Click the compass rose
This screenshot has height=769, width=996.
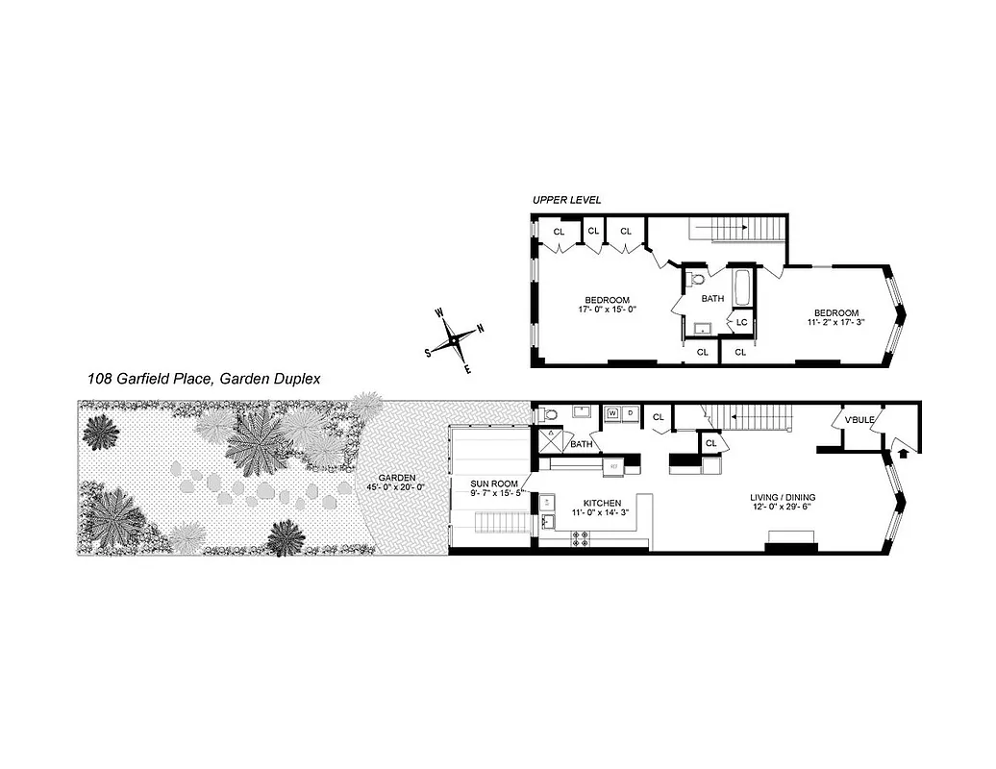pos(454,339)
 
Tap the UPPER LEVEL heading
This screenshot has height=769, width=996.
pos(566,200)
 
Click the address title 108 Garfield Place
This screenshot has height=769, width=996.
pos(203,380)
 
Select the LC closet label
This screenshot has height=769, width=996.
pos(742,322)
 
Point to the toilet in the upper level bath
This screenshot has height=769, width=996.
pos(698,280)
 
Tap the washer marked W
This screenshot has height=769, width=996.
pos(611,414)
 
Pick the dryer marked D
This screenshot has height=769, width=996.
pos(630,414)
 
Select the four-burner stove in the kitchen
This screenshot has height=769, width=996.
pos(581,541)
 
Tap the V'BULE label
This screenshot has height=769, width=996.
pos(859,420)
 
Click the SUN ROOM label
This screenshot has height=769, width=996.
pos(494,484)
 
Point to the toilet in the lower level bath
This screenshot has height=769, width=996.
pos(548,413)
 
